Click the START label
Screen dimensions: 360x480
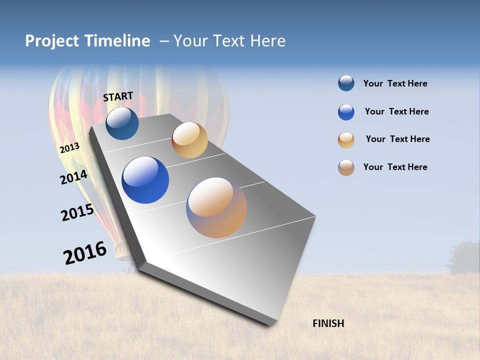pos(118,96)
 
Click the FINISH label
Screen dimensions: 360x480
pos(328,323)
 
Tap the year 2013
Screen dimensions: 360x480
pos(69,148)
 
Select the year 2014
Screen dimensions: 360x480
pos(73,177)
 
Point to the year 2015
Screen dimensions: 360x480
pos(77,212)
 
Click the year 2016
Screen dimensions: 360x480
pos(84,253)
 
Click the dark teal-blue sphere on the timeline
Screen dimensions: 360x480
pos(122,123)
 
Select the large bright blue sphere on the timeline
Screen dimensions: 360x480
pos(145,180)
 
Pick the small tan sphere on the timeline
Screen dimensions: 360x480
pos(189,140)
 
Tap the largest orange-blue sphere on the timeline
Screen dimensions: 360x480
pos(216,207)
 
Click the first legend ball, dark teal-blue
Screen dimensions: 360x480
pos(346,83)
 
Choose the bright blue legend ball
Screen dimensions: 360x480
pos(346,112)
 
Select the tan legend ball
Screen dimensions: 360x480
pos(346,140)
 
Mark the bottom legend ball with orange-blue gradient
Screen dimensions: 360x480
pos(346,167)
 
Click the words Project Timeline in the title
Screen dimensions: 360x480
pos(87,41)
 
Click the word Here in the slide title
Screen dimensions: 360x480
pos(267,41)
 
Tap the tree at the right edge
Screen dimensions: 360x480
pos(464,257)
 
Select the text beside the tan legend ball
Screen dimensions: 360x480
pos(397,139)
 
